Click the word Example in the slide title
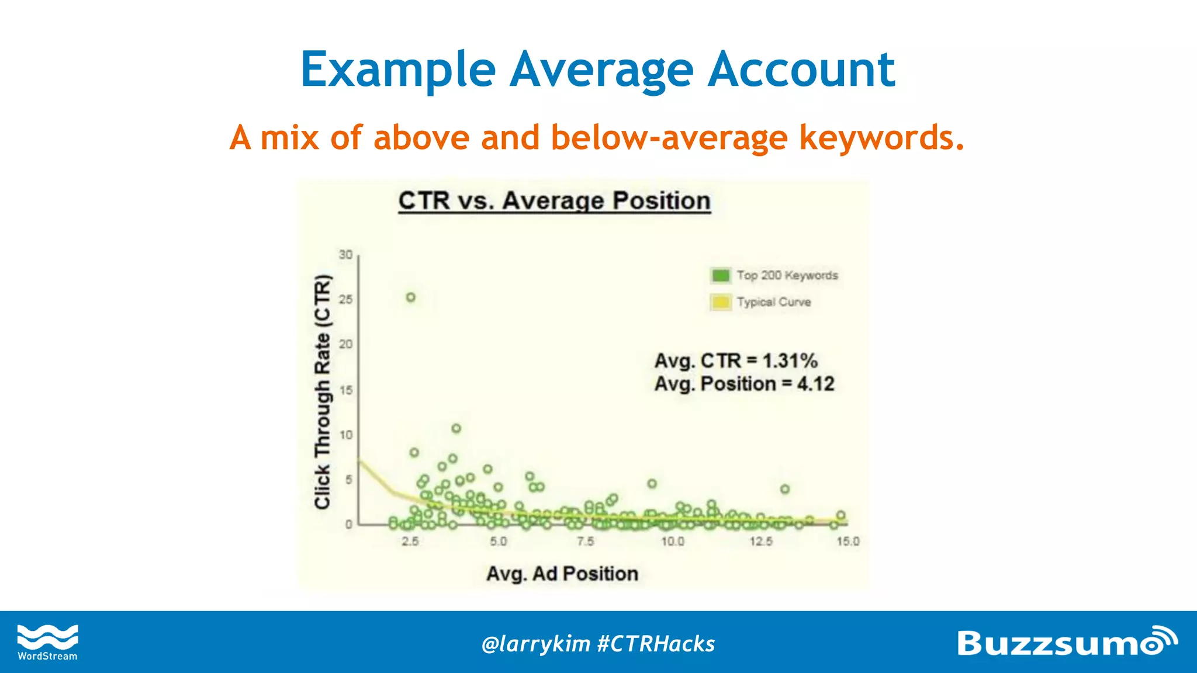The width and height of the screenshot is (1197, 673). click(398, 70)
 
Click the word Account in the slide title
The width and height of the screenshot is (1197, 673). click(801, 70)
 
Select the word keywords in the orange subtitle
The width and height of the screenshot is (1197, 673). click(881, 138)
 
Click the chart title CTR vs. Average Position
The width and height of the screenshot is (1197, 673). click(554, 201)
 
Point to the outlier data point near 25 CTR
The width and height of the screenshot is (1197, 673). click(411, 297)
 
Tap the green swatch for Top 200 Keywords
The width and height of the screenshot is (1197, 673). click(721, 275)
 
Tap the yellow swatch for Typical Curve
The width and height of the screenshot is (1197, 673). click(721, 302)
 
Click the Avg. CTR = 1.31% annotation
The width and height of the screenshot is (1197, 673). click(735, 360)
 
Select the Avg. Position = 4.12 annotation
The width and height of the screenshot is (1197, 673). click(744, 384)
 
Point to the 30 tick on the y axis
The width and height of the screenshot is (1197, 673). click(346, 255)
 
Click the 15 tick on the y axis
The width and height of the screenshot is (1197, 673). click(346, 390)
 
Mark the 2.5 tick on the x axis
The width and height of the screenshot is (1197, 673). click(410, 542)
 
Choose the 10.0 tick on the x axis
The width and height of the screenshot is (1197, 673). click(673, 542)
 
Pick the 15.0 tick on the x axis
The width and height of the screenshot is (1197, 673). click(847, 542)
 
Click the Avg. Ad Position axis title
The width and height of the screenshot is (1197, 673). click(562, 574)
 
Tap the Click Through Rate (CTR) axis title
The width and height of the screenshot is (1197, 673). click(323, 391)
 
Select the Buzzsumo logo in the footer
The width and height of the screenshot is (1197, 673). click(1066, 642)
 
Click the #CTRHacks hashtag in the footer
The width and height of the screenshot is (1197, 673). click(656, 644)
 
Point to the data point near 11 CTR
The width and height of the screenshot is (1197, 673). click(456, 429)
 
